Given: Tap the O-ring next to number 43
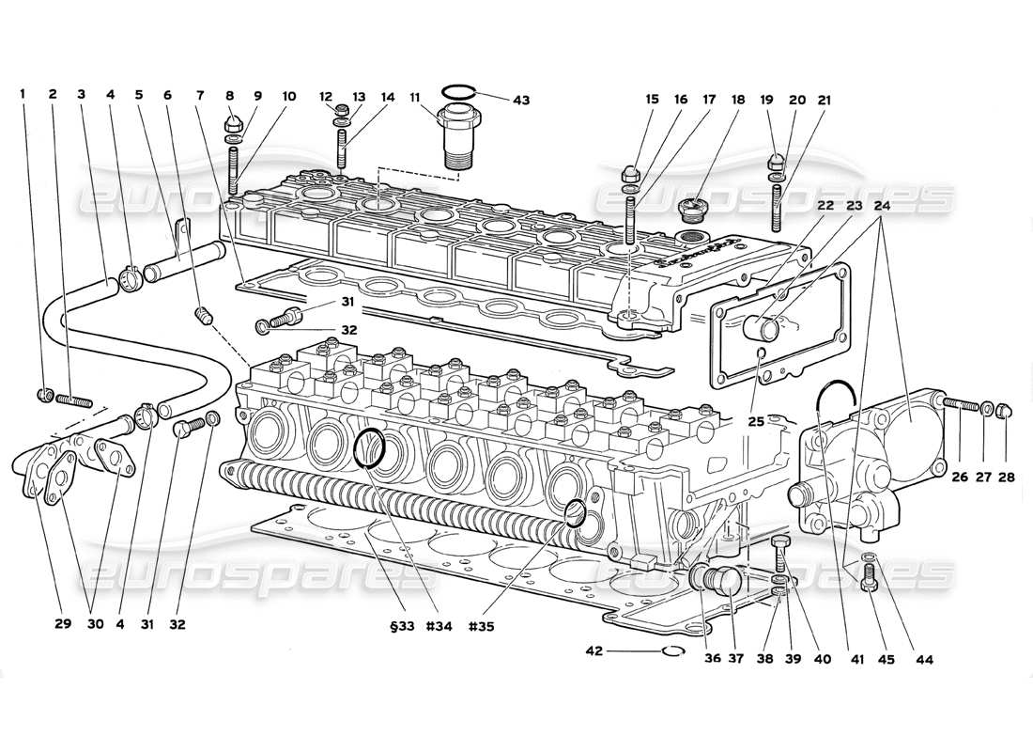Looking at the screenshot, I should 457,91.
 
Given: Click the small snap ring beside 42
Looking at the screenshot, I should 673,650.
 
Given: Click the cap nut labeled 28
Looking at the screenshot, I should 1002,409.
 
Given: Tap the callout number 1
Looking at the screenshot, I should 23,94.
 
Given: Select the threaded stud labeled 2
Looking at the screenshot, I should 76,400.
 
